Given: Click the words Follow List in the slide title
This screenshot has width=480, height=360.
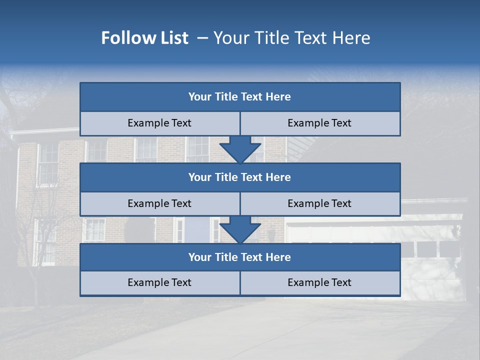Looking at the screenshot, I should (144, 38).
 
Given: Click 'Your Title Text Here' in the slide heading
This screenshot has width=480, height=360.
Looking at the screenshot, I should (292, 38).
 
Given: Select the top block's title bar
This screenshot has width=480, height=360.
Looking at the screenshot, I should (240, 97).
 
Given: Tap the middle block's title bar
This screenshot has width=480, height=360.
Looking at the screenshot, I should (240, 177).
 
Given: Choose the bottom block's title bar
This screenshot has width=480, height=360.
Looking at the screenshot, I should (240, 257).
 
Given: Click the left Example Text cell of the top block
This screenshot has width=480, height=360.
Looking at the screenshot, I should (159, 123).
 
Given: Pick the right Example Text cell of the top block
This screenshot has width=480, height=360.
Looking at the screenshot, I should (320, 123).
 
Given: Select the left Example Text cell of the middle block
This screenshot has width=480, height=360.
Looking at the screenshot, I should (159, 204).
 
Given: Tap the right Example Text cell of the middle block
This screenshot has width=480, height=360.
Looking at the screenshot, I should (320, 204).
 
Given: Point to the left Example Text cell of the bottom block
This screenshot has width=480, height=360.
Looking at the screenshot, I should (159, 283).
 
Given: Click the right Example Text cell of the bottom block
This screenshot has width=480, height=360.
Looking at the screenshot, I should (320, 283).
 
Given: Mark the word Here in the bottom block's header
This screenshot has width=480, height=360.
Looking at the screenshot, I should (278, 257).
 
